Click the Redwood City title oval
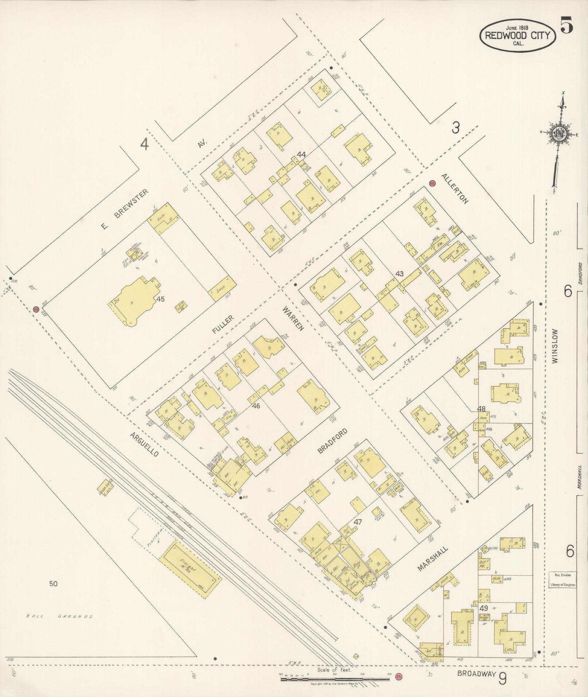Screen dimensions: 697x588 (x=518, y=35)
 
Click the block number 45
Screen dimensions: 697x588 (x=161, y=299)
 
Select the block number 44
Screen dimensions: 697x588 (x=301, y=154)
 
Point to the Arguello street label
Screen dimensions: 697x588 (x=145, y=445)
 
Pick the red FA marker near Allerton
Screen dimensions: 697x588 (x=433, y=183)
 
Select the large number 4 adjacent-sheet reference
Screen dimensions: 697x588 (x=145, y=145)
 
